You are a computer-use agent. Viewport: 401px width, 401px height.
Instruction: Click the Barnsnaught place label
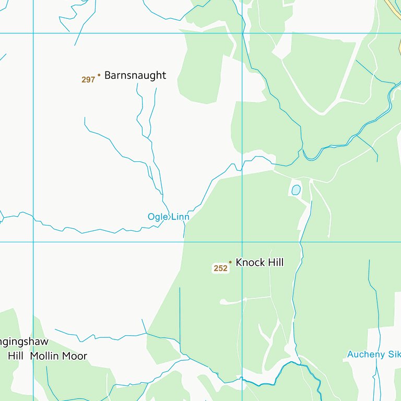pyautogui.click(x=135, y=75)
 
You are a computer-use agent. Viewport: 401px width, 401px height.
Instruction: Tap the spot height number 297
pyautogui.click(x=88, y=80)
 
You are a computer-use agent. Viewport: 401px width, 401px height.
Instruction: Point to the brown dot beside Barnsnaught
pyautogui.click(x=99, y=75)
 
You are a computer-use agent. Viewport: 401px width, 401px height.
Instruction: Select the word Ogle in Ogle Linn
pyautogui.click(x=157, y=217)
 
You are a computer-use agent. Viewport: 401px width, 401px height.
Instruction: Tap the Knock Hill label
pyautogui.click(x=260, y=263)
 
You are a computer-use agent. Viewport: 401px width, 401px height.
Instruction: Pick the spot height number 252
pyautogui.click(x=220, y=268)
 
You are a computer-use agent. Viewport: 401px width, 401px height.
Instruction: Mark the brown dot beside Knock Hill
pyautogui.click(x=230, y=262)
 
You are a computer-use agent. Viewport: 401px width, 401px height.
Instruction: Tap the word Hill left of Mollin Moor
pyautogui.click(x=16, y=356)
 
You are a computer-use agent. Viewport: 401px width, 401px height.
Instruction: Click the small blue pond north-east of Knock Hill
pyautogui.click(x=296, y=190)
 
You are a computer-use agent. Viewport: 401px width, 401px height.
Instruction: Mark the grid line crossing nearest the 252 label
pyautogui.click(x=242, y=242)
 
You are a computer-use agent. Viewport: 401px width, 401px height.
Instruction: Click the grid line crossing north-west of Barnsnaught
pyautogui.click(x=33, y=33)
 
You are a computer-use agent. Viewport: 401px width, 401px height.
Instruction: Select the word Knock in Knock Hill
pyautogui.click(x=250, y=263)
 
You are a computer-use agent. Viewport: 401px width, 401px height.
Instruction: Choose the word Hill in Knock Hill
pyautogui.click(x=276, y=263)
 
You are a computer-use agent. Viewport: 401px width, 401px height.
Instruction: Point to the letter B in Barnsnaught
pyautogui.click(x=108, y=75)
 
